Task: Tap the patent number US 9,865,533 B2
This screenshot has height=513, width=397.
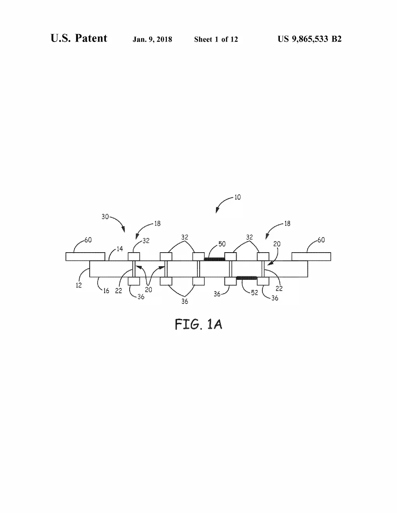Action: click(309, 39)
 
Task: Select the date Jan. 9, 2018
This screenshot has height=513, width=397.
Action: click(152, 39)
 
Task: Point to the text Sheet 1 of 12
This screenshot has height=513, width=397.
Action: click(216, 39)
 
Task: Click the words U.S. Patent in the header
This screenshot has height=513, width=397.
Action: click(79, 38)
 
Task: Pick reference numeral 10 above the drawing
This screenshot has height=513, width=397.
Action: click(237, 197)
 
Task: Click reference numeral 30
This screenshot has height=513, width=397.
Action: click(105, 216)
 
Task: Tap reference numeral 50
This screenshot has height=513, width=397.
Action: click(222, 244)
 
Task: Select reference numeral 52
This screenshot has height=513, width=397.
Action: click(255, 293)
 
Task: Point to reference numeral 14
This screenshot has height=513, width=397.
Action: click(119, 249)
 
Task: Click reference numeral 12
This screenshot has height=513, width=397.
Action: click(79, 285)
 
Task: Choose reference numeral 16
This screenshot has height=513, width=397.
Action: click(106, 291)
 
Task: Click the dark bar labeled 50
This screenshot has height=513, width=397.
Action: click(214, 259)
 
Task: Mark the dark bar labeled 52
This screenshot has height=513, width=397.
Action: click(247, 278)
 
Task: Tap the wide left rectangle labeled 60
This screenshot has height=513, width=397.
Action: click(85, 256)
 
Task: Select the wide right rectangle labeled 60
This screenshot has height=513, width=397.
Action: click(311, 256)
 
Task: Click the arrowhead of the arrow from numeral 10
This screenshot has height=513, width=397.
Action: click(217, 211)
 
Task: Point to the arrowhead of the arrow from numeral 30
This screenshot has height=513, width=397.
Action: click(123, 229)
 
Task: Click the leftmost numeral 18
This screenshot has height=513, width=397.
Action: click(157, 223)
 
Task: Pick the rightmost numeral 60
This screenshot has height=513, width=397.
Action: click(321, 240)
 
